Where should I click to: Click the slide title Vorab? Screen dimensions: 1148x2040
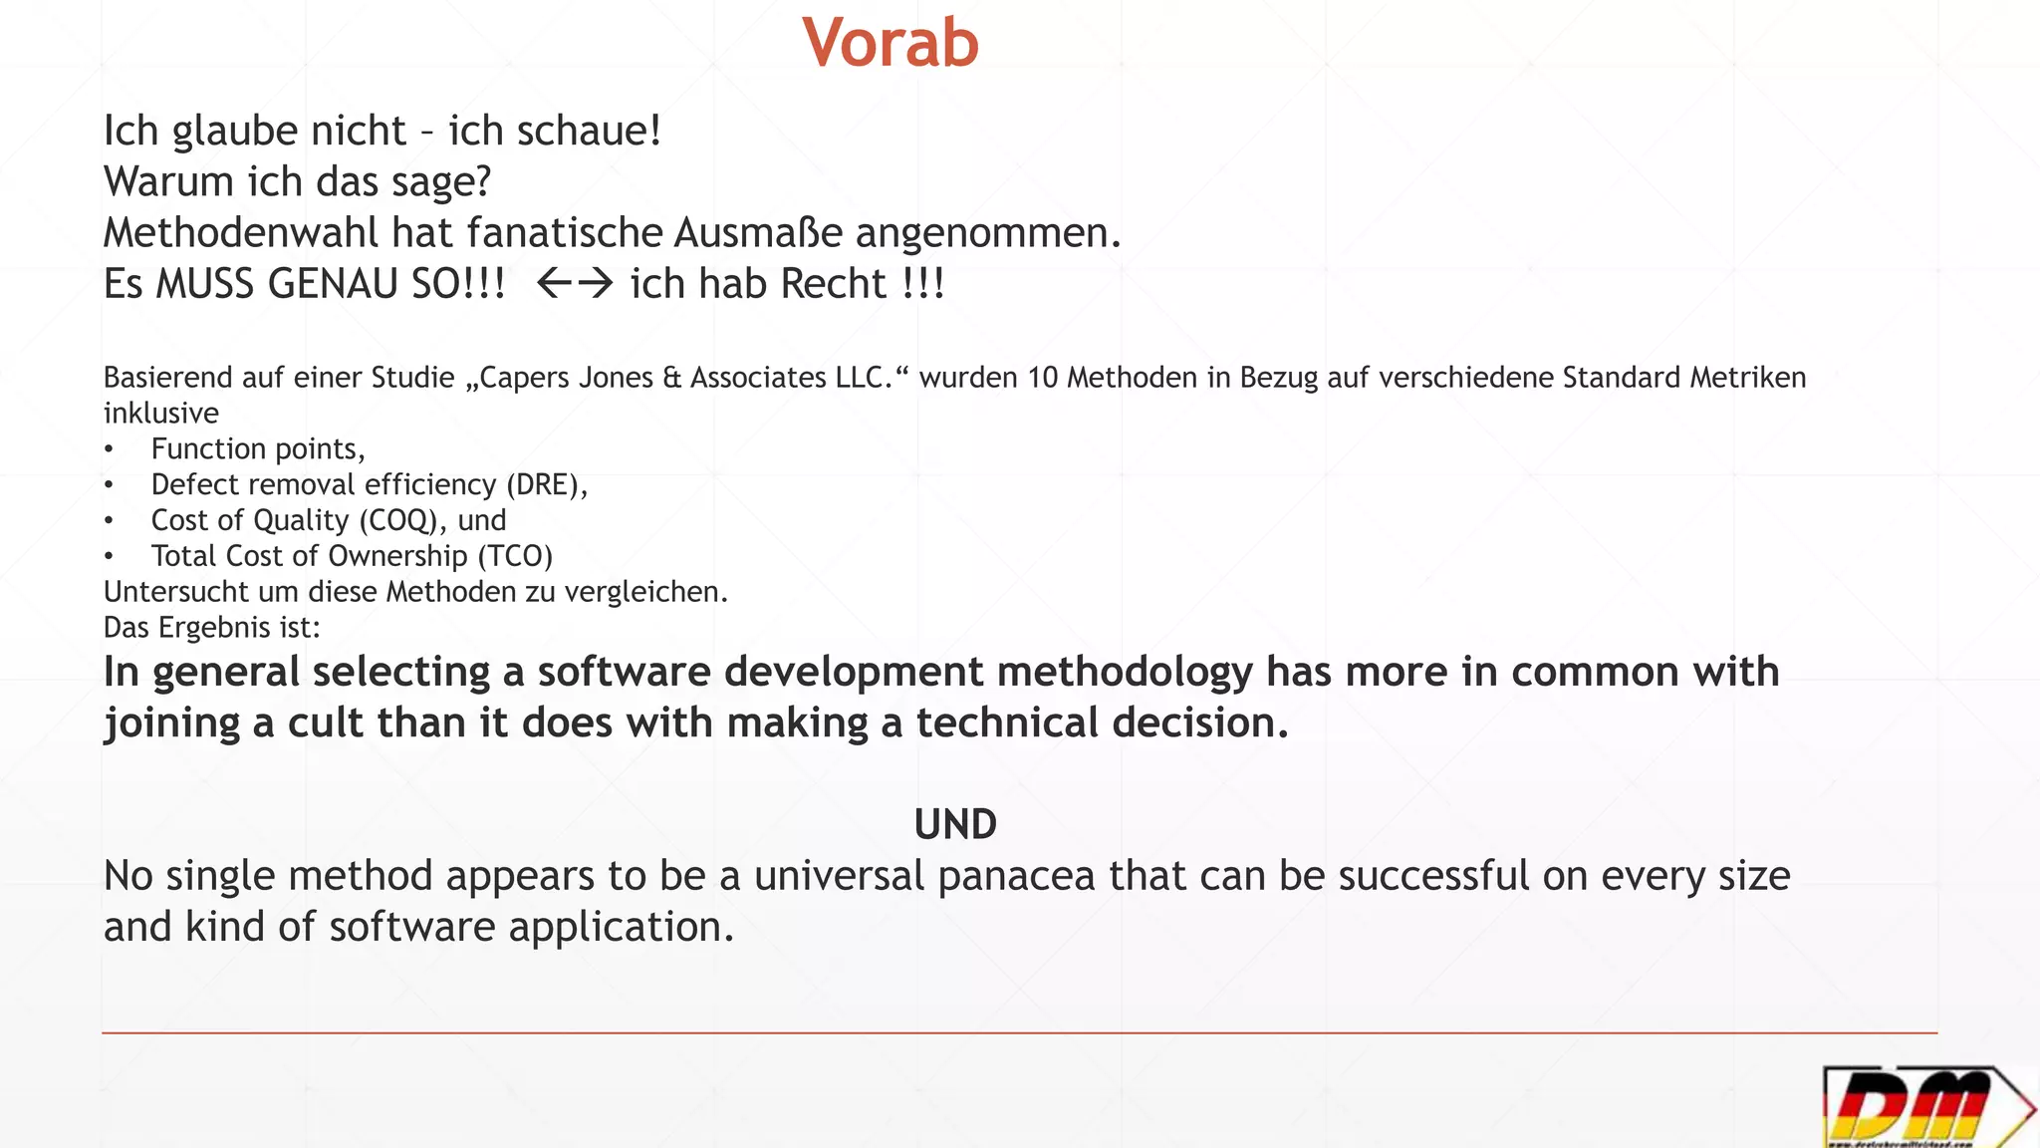click(891, 44)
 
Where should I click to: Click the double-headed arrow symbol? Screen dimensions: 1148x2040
click(575, 284)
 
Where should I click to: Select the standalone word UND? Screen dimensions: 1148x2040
click(955, 825)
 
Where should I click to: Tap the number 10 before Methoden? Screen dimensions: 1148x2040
click(1042, 378)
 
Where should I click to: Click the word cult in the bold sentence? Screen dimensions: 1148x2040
click(325, 723)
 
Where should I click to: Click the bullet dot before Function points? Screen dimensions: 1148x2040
click(109, 450)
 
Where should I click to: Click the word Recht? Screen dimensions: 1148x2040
click(834, 284)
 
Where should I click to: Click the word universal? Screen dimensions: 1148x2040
click(839, 877)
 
